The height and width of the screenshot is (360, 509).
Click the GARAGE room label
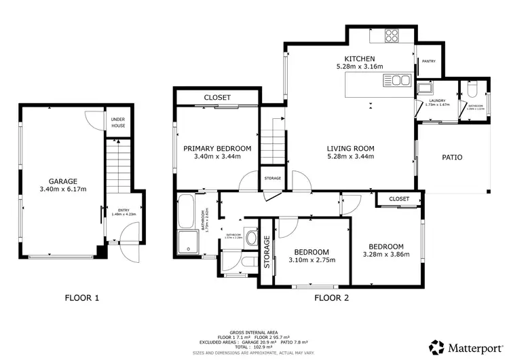(x=58, y=181)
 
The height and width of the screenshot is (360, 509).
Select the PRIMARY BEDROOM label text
(x=217, y=148)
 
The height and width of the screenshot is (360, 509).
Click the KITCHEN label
(x=360, y=58)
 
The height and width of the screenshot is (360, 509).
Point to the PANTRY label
(x=428, y=61)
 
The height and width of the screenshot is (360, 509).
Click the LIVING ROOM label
(x=350, y=148)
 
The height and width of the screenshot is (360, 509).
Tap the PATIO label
(x=452, y=157)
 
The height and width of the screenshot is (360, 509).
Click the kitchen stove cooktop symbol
(x=393, y=35)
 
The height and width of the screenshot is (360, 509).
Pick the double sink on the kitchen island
(x=396, y=81)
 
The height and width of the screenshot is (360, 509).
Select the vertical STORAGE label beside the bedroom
(x=267, y=252)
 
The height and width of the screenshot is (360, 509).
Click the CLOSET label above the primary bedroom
(x=216, y=98)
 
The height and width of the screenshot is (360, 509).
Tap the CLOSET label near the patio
(x=399, y=199)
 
